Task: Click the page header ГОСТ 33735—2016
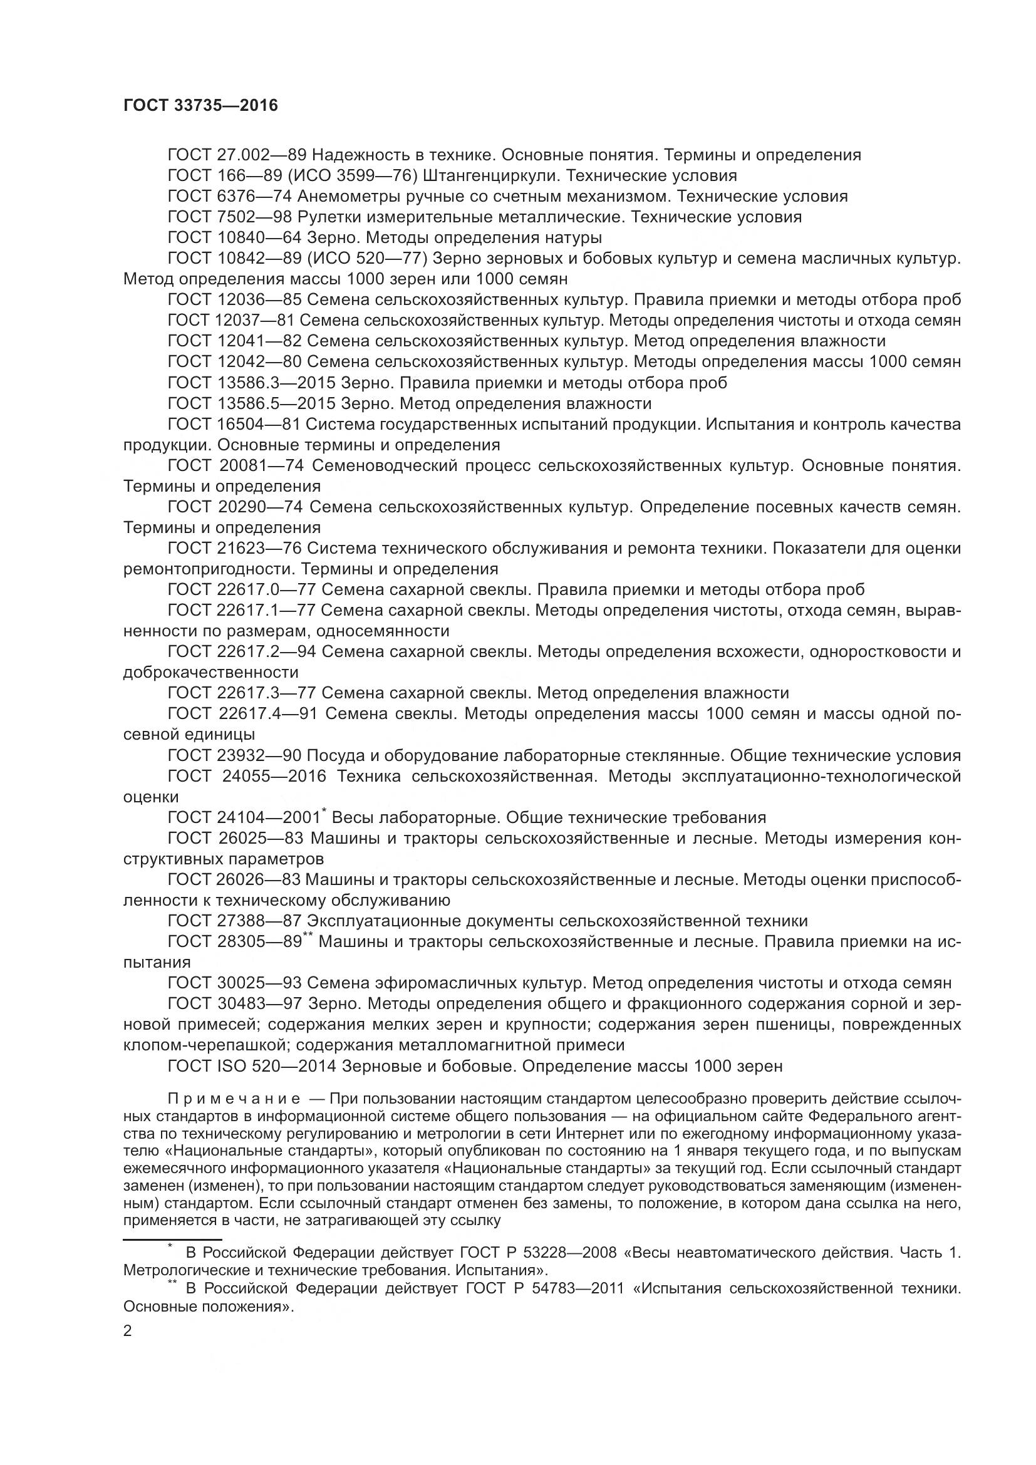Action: pos(200,106)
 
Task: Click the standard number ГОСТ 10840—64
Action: pos(234,238)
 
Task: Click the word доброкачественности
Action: pos(210,672)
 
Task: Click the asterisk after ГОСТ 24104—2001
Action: pos(324,810)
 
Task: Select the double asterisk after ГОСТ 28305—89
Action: pos(308,934)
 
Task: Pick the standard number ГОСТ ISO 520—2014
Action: pos(252,1066)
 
